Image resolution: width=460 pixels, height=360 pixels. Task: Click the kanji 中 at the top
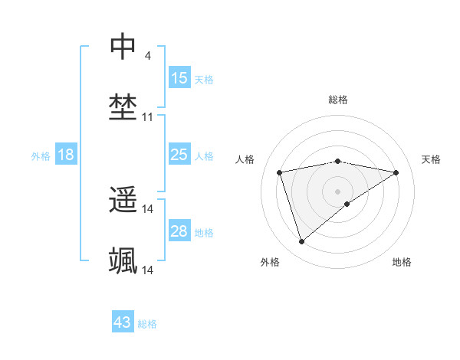point(123,47)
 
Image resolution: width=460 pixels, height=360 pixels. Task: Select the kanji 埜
point(123,107)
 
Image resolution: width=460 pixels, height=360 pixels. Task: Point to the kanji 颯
point(123,261)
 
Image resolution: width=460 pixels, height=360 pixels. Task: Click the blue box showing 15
point(179,78)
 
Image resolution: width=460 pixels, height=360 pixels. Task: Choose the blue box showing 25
point(179,155)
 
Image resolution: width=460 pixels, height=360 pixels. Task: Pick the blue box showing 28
point(179,231)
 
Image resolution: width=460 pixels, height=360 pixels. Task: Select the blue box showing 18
point(66,155)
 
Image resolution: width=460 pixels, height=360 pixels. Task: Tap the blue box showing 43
point(123,322)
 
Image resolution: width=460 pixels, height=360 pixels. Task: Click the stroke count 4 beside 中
point(147,56)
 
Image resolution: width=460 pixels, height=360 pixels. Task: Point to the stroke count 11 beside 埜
point(148,117)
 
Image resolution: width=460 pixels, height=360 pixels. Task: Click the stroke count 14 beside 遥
point(148,209)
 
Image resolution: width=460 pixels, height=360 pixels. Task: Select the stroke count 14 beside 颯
point(148,270)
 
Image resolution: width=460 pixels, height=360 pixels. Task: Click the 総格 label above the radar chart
point(338,100)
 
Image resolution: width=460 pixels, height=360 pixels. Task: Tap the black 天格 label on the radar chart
point(431,159)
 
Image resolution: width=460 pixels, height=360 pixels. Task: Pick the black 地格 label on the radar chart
point(402,262)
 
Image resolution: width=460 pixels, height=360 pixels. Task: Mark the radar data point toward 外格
point(301,241)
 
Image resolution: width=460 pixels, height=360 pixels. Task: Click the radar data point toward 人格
point(280,172)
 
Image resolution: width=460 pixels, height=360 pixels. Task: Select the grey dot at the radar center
point(338,190)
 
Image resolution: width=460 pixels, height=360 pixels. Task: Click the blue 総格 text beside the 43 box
point(148,324)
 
